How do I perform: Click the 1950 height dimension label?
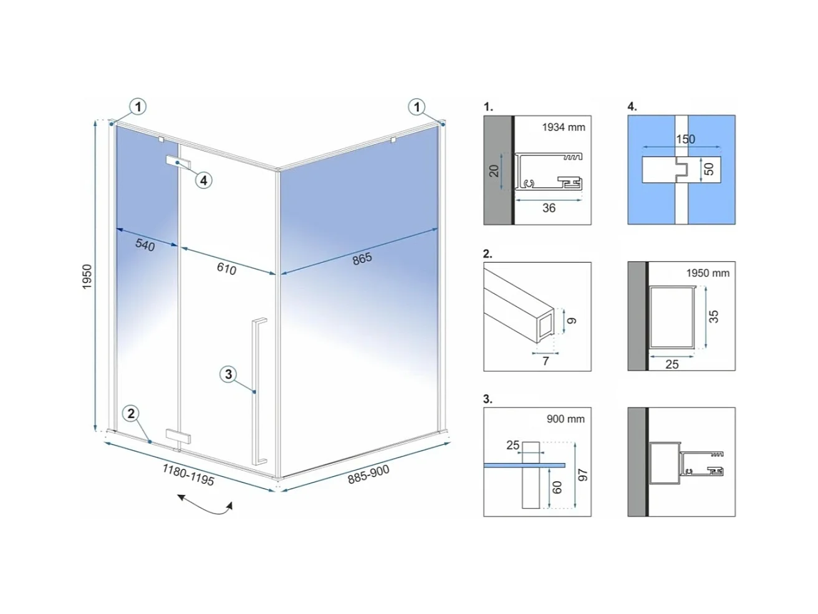87,276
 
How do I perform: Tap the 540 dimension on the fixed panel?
145,245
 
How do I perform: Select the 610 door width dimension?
226,268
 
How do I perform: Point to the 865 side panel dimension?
362,259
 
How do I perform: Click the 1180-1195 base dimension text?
188,475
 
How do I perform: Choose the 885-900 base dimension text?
368,474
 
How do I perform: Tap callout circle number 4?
203,181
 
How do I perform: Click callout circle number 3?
228,374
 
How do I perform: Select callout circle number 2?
131,414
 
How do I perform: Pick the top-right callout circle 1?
416,107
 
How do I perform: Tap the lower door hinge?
178,436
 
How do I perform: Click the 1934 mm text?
563,127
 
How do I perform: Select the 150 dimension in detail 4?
685,139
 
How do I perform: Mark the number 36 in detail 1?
549,208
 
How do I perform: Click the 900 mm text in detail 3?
565,419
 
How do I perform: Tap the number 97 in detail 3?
583,475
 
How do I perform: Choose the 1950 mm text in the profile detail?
708,273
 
